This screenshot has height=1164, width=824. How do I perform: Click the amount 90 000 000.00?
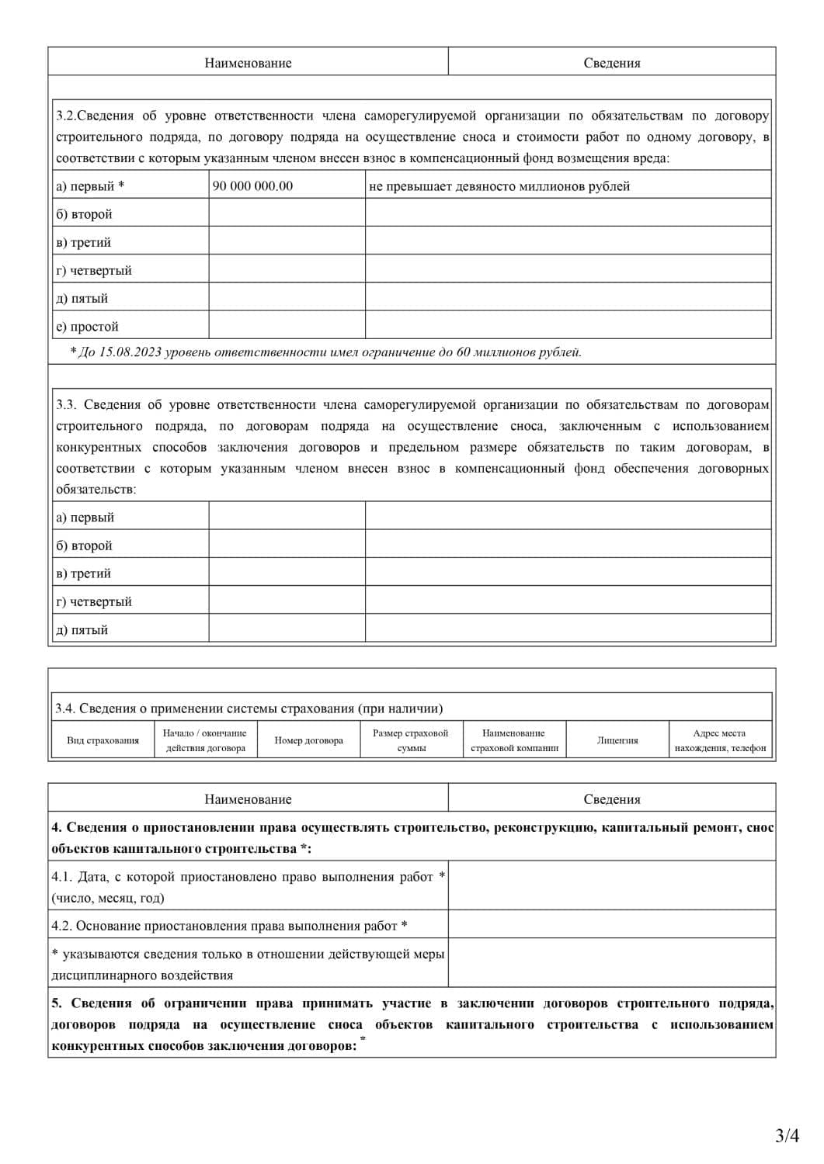[x=252, y=186]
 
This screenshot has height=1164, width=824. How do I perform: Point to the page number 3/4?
[x=787, y=1135]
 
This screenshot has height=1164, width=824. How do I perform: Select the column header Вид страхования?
[x=103, y=740]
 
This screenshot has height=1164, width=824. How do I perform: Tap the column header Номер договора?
[x=308, y=740]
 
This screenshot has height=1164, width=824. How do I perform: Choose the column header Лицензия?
[x=617, y=740]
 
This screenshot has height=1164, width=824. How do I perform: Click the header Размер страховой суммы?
[x=411, y=740]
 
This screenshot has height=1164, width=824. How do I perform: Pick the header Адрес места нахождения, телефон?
[x=720, y=740]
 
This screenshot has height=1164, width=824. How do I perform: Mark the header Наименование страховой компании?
[x=514, y=740]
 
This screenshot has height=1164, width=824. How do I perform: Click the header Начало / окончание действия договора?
[x=205, y=740]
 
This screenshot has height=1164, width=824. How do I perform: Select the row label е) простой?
[x=87, y=327]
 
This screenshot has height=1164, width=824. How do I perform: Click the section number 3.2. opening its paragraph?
[x=65, y=116]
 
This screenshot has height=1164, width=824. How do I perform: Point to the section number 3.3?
[x=65, y=404]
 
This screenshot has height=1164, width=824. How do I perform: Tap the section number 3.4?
[x=64, y=708]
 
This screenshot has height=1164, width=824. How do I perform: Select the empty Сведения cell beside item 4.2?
[x=611, y=924]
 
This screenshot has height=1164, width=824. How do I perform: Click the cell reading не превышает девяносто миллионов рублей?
[x=499, y=186]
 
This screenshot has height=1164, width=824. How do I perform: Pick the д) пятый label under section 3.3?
[x=82, y=630]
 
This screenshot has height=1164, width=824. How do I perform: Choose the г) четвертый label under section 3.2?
[x=94, y=270]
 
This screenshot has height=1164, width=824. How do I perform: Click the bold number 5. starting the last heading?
[x=56, y=1003]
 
